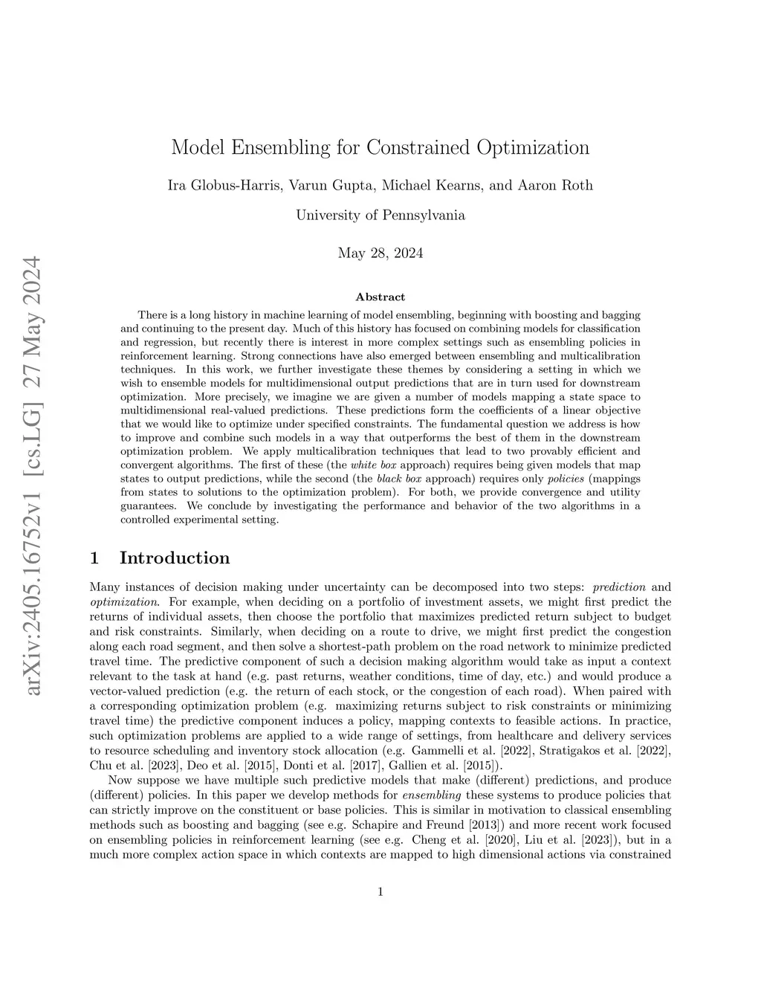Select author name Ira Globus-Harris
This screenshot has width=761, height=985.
pyautogui.click(x=224, y=185)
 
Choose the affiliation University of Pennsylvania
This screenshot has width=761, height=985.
pyautogui.click(x=380, y=216)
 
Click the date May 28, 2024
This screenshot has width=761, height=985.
pyautogui.click(x=380, y=253)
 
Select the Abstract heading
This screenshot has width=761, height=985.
pyautogui.click(x=380, y=297)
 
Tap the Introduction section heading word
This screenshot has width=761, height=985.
pyautogui.click(x=175, y=558)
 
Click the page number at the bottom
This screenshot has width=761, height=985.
pyautogui.click(x=380, y=892)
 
